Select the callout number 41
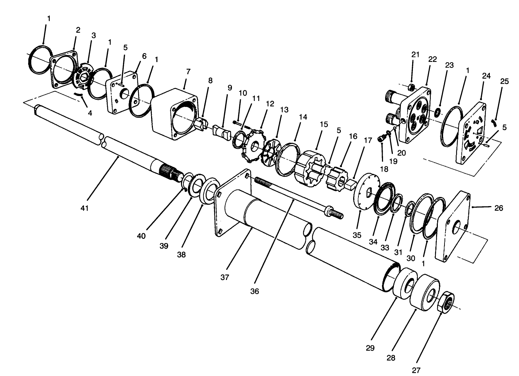tap(84, 208)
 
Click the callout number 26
tap(499, 208)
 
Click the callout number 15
tap(324, 124)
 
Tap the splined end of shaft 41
tap(168, 172)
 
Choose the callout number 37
tap(225, 277)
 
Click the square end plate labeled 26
tap(453, 229)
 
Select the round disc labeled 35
tap(364, 191)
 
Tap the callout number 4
tap(90, 113)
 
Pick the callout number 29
tap(370, 348)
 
